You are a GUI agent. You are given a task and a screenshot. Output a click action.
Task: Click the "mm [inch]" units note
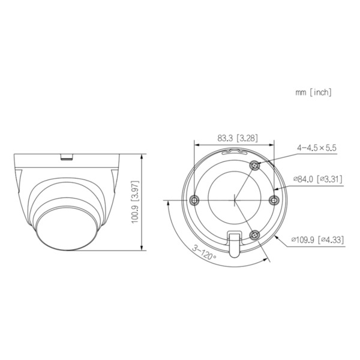pyautogui.click(x=313, y=92)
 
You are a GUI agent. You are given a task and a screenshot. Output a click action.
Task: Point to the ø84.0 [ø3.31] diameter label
pyautogui.click(x=317, y=178)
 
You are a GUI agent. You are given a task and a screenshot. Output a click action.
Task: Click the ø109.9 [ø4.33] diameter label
pyautogui.click(x=317, y=240)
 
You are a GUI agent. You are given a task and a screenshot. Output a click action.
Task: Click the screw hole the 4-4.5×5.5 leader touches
pyautogui.click(x=255, y=164)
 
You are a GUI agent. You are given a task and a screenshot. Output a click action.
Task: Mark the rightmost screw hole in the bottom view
pyautogui.click(x=274, y=200)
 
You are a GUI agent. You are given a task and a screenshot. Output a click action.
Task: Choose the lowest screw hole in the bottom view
pyautogui.click(x=254, y=235)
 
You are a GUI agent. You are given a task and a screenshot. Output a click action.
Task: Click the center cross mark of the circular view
pyautogui.click(x=233, y=199)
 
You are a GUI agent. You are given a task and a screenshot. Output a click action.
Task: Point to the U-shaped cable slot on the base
pyautogui.click(x=234, y=243)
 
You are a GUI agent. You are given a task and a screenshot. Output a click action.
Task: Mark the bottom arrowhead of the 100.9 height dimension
pyautogui.click(x=142, y=250)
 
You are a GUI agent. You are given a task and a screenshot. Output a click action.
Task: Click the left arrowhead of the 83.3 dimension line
pyautogui.click(x=196, y=144)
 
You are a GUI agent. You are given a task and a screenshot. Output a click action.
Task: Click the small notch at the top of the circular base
pyautogui.click(x=234, y=153)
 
